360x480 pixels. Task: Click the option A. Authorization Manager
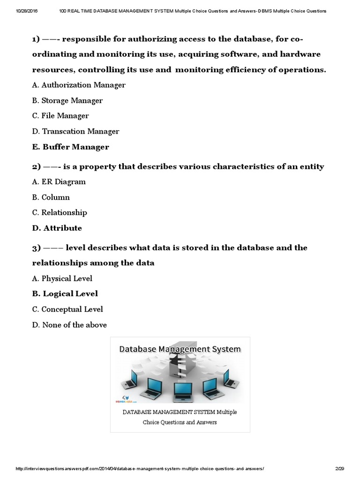[79, 85]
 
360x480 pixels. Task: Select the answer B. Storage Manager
[67, 100]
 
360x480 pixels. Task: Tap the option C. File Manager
[60, 116]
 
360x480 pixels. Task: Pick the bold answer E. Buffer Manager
[71, 147]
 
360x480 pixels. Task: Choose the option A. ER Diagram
[59, 181]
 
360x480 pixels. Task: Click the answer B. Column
[51, 197]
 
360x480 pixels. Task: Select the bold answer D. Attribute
[57, 228]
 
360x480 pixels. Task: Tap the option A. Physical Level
[62, 278]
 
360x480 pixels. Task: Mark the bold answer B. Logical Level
[65, 293]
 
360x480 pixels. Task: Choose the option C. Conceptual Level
[67, 309]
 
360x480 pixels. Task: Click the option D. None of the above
[69, 324]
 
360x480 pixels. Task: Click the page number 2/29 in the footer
[340, 469]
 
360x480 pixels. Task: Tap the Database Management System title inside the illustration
[180, 349]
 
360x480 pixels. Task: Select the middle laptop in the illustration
[180, 390]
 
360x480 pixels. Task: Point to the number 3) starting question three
[37, 247]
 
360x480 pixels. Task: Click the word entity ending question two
[311, 166]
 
